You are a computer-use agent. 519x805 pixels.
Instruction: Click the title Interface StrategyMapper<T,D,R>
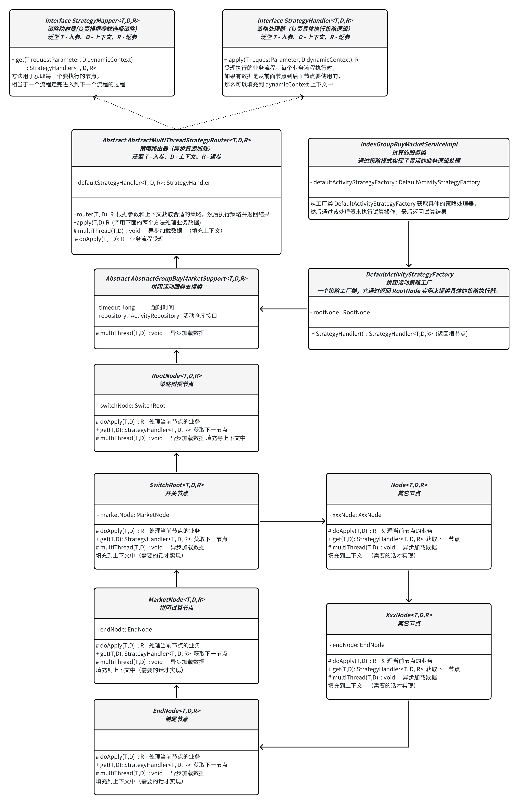92,21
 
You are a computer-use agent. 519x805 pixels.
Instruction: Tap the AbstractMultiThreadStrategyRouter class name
177,140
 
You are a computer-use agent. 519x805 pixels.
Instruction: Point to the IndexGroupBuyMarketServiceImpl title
409,144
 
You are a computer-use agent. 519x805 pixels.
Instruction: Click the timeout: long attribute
115,308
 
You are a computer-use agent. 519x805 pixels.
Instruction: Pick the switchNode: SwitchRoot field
131,406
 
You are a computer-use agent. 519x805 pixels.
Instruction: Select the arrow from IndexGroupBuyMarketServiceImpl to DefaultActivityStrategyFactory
409,244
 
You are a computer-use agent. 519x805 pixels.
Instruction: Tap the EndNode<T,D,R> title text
177,711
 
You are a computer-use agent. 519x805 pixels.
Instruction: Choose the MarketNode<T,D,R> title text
177,600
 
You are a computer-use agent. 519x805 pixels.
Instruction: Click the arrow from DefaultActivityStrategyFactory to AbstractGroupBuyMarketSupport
283,309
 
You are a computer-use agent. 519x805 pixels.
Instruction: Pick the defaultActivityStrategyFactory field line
395,182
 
